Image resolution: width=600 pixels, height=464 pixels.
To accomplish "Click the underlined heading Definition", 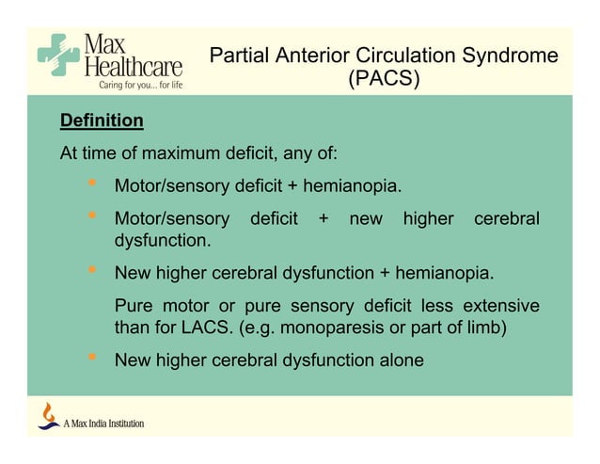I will click(x=102, y=121).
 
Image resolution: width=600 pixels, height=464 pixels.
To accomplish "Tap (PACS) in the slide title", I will click(x=384, y=79).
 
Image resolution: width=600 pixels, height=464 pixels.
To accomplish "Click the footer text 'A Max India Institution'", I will click(x=103, y=424).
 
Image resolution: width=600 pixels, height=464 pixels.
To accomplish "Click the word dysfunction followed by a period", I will click(x=162, y=242).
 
